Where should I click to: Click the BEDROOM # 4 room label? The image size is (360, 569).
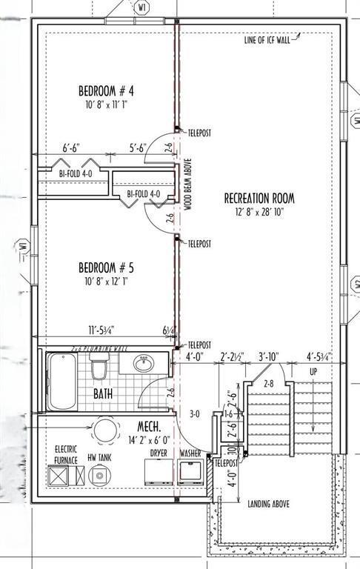tap(110, 91)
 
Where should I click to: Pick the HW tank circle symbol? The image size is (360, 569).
tap(97, 475)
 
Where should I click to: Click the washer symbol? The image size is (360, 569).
tap(190, 471)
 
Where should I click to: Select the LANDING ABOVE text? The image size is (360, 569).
tap(267, 505)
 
